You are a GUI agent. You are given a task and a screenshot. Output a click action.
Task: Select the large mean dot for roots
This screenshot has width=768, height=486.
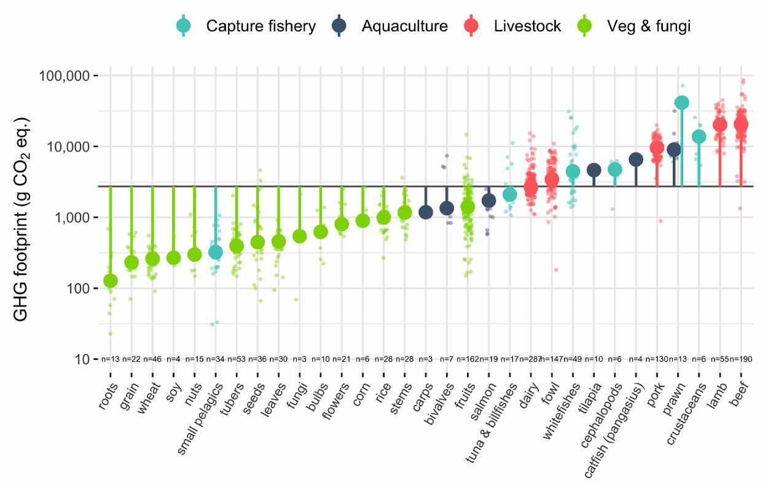coord(111,281)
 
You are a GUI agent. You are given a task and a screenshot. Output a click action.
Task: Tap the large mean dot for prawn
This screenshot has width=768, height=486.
coord(681,103)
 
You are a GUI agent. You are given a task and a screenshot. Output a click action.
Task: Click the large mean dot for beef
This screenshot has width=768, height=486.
coord(741,124)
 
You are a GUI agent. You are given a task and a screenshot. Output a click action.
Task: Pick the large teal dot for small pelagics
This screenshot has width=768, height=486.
coord(216,252)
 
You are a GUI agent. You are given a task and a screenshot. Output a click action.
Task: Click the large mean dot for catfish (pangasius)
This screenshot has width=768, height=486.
coord(636,160)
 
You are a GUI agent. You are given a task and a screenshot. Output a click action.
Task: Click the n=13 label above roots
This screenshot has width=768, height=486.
coord(111,359)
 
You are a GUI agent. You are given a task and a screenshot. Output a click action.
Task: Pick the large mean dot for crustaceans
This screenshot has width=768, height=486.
coord(699,136)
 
